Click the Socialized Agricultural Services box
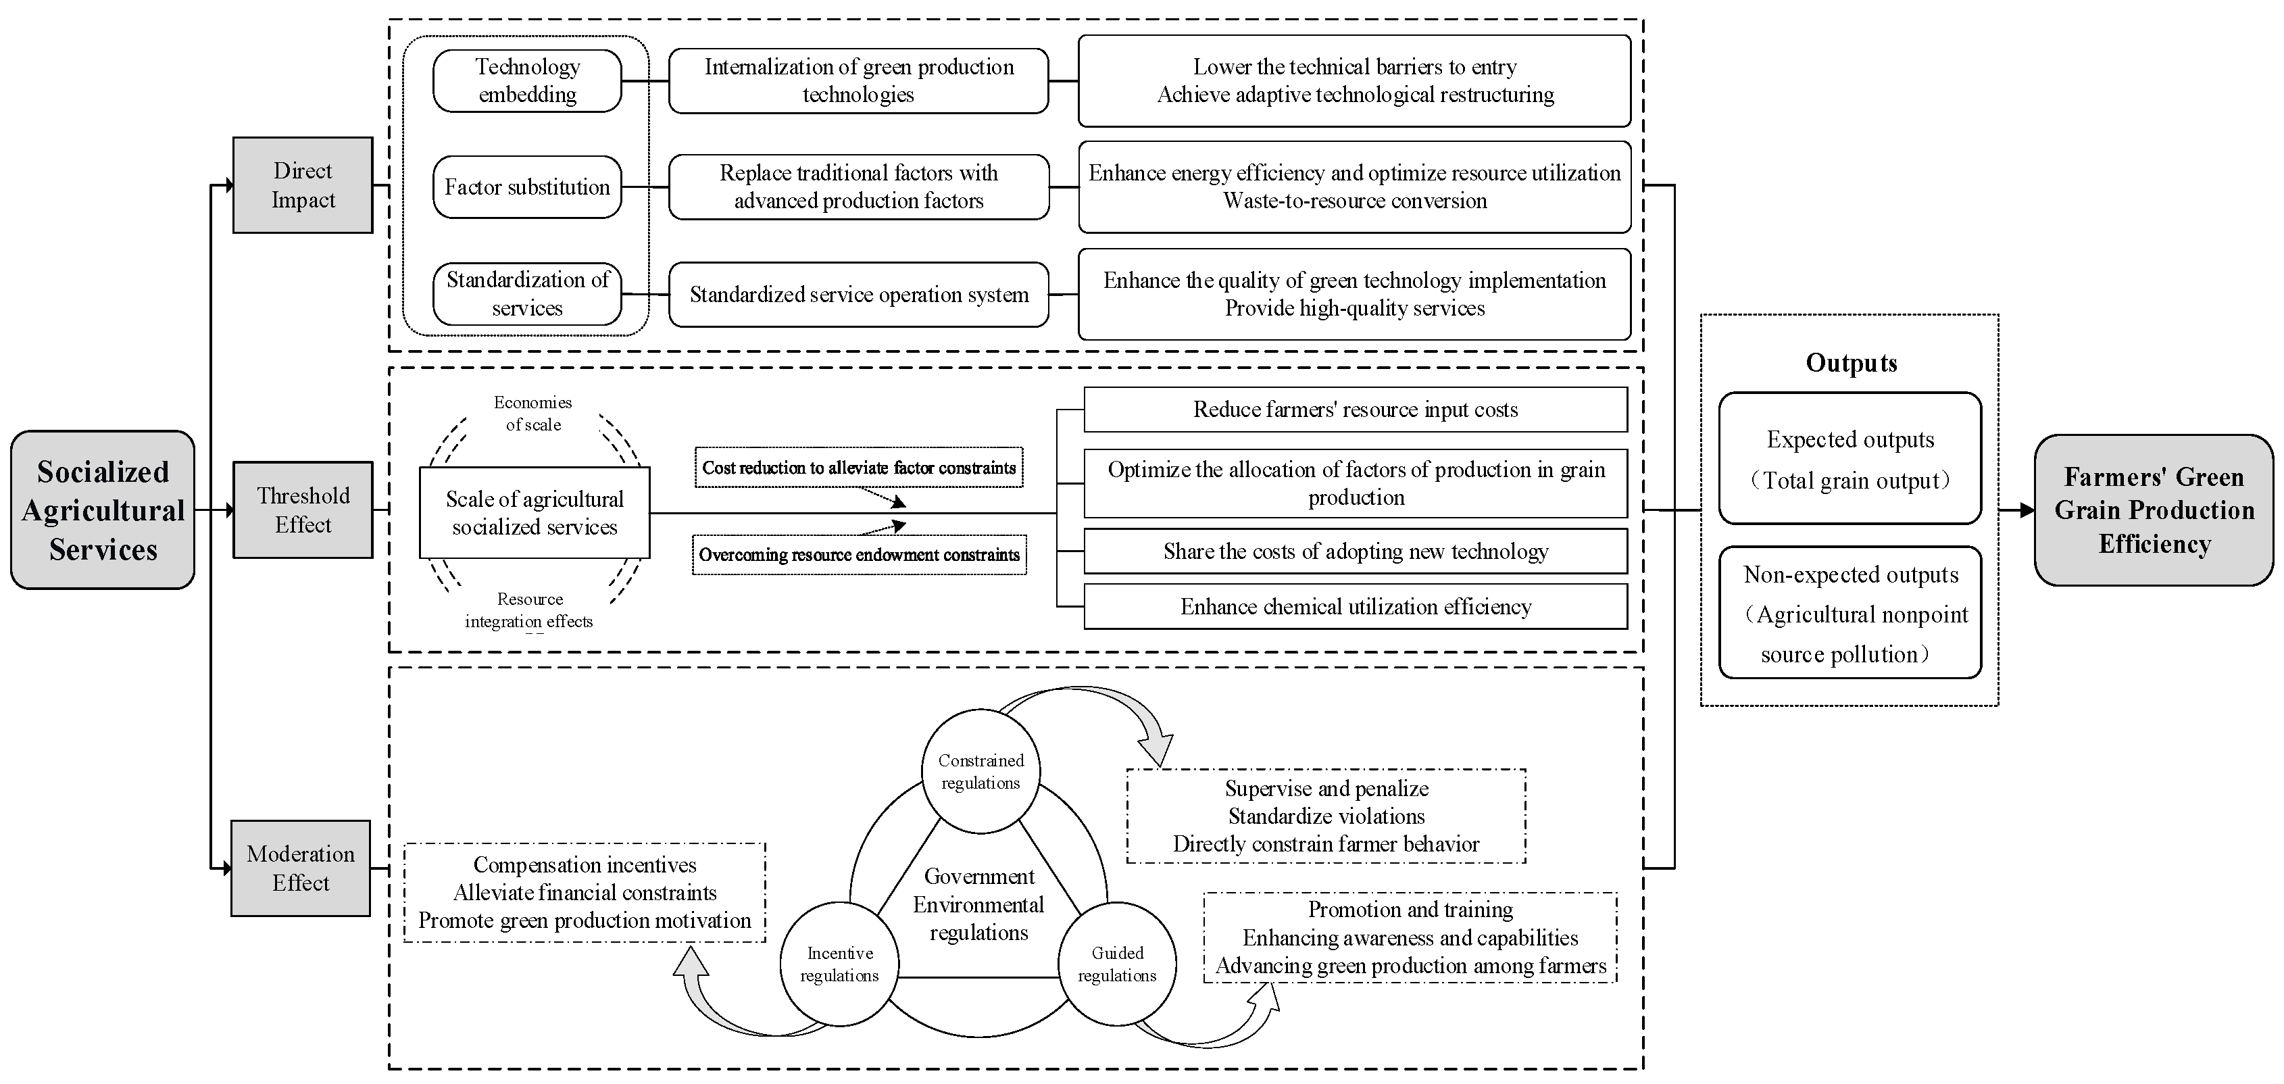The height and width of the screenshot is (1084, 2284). point(103,510)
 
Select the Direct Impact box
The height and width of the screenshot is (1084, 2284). point(302,184)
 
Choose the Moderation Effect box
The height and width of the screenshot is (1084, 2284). point(301,868)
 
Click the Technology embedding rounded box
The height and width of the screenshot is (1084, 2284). point(528,80)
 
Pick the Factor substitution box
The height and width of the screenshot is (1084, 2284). point(528,187)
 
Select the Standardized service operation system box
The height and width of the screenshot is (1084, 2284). point(858,295)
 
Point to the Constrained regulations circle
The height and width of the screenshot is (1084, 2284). point(980,771)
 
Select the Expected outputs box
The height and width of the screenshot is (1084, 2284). point(1849,459)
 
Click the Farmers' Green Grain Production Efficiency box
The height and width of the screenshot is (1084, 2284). point(2154,510)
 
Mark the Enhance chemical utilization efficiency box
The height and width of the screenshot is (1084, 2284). point(1355,607)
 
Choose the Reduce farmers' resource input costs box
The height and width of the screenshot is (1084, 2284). point(1355,409)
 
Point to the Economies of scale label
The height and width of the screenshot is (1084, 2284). point(533,414)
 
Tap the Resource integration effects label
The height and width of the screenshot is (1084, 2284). point(529,610)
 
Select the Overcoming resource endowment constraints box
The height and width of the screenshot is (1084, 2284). point(858,554)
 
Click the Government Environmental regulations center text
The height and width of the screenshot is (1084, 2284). point(979,904)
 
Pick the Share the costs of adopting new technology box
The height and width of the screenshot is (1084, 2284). point(1355,551)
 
